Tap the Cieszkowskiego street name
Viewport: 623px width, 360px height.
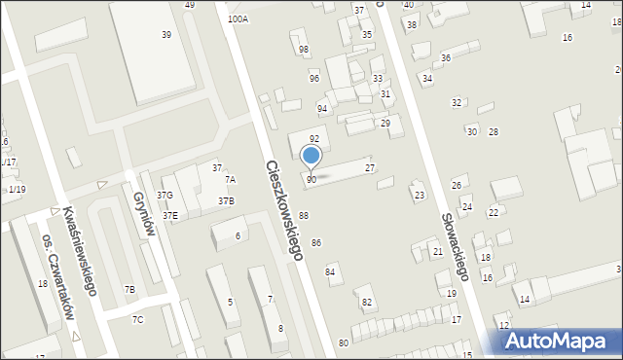(283, 209)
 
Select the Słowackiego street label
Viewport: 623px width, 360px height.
(455, 247)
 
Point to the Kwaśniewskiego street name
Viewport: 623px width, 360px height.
(77, 250)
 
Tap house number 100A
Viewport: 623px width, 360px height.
(238, 18)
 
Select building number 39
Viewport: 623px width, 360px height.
(166, 34)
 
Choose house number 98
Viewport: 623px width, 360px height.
(304, 49)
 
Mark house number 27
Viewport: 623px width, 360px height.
(370, 168)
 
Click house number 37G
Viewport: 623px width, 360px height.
(165, 196)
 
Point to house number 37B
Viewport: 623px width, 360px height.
(226, 200)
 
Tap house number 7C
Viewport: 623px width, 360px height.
(138, 319)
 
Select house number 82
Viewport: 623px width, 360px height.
(367, 303)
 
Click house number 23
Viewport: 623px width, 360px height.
(420, 196)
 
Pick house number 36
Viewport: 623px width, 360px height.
(446, 58)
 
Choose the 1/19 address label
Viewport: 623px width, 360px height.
(17, 189)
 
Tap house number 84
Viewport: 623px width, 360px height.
(331, 271)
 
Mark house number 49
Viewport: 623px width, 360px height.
(190, 5)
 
